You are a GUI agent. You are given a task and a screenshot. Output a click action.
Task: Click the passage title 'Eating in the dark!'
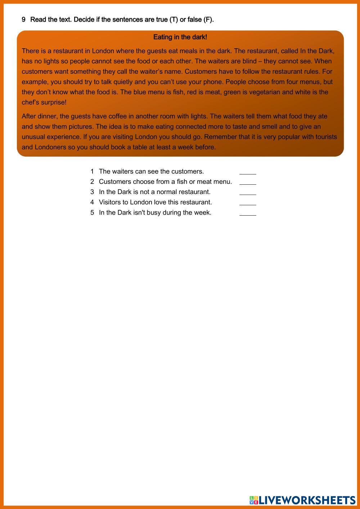pyautogui.click(x=180, y=37)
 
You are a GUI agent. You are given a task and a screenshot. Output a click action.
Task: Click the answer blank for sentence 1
pyautogui.click(x=248, y=171)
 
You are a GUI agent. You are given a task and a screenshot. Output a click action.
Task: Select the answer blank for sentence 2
pyautogui.click(x=248, y=182)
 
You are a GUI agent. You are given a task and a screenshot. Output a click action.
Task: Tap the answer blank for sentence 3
pyautogui.click(x=248, y=192)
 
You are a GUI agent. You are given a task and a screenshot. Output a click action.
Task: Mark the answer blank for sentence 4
pyautogui.click(x=248, y=202)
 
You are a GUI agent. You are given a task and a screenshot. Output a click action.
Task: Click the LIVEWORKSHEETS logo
pyautogui.click(x=302, y=500)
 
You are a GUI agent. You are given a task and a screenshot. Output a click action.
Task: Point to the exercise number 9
pyautogui.click(x=24, y=19)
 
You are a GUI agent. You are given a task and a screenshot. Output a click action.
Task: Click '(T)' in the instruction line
pyautogui.click(x=174, y=19)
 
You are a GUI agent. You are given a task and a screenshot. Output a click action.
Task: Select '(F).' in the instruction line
pyautogui.click(x=208, y=19)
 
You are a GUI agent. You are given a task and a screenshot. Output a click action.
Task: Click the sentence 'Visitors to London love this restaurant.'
pyautogui.click(x=155, y=202)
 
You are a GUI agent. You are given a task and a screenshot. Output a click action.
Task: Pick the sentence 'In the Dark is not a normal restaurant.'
pyautogui.click(x=154, y=192)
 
